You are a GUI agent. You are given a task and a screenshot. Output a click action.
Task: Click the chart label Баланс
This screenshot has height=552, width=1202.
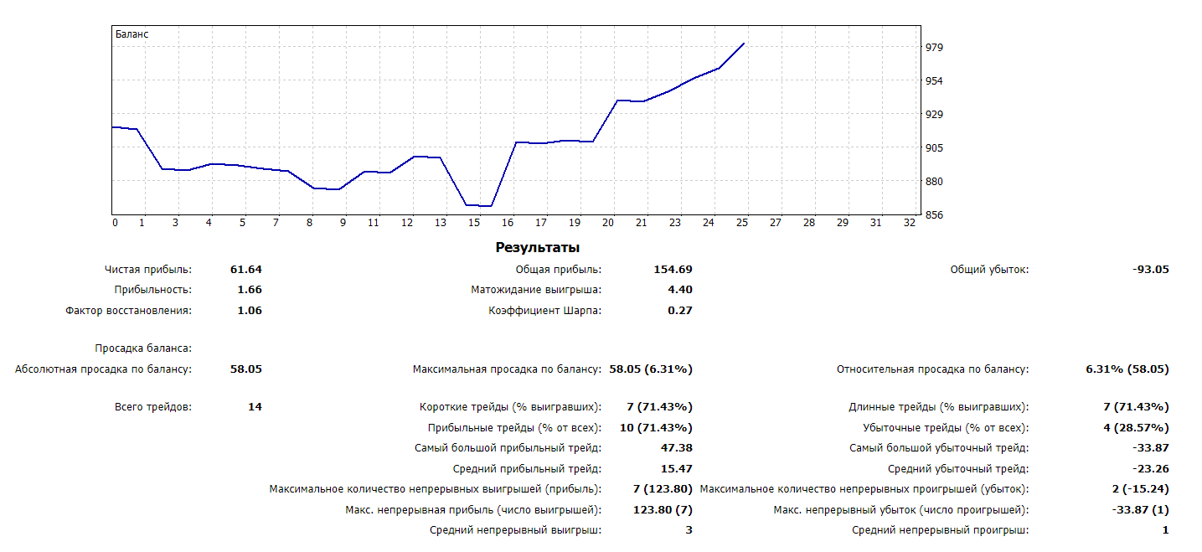point(132,34)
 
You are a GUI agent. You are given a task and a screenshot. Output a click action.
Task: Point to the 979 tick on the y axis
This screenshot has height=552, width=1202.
point(935,48)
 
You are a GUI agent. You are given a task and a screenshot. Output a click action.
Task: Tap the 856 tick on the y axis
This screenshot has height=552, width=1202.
point(935,215)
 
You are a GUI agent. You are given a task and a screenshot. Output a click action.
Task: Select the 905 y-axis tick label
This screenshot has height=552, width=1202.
point(935,148)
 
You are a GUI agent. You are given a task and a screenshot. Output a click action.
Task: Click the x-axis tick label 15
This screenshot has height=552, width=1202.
point(474,223)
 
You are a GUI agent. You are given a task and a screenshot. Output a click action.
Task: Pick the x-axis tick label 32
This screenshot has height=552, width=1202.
point(910,223)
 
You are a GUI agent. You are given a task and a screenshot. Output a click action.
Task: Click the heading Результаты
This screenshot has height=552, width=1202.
point(537,248)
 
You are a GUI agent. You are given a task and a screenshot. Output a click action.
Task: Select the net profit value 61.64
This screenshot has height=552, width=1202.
point(246,270)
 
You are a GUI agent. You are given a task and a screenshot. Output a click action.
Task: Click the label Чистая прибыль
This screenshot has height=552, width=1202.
point(148,270)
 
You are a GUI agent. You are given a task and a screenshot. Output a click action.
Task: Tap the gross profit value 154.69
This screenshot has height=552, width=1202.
point(673,270)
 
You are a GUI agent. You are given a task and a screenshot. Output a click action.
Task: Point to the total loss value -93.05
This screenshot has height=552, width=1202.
point(1150,270)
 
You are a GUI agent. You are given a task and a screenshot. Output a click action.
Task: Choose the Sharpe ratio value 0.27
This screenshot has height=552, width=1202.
point(679,311)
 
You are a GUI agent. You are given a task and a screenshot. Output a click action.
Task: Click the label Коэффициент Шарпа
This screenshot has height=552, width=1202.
point(544,311)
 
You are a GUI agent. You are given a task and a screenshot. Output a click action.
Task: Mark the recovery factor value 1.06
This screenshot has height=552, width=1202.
point(249,311)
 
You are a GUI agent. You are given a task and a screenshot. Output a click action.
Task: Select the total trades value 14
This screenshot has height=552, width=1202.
point(255,407)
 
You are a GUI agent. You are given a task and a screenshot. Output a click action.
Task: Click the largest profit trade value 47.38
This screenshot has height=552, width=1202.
point(676,448)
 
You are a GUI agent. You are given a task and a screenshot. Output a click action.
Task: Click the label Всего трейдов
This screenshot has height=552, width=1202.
point(152,407)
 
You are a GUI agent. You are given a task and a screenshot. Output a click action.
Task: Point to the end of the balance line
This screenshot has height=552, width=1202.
point(744,44)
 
